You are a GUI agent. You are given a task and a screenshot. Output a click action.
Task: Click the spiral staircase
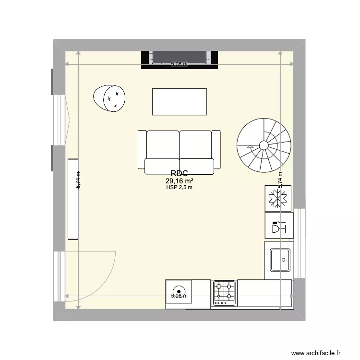click(264, 145)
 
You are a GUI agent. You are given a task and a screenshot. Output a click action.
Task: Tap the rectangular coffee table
click(179, 102)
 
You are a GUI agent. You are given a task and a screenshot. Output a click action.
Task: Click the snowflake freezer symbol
click(277, 198)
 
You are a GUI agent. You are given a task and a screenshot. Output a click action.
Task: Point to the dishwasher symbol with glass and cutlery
click(279, 226)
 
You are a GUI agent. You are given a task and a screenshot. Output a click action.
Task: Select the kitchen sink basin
click(279, 260)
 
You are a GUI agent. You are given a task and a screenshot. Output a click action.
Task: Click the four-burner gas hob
click(224, 292)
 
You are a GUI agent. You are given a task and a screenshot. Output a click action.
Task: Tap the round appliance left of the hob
click(179, 291)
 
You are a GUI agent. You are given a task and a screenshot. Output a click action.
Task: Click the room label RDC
click(179, 174)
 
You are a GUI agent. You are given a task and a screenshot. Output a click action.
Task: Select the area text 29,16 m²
click(179, 181)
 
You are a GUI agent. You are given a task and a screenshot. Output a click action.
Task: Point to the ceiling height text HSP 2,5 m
click(179, 188)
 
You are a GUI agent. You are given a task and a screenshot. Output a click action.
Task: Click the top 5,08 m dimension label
click(179, 64)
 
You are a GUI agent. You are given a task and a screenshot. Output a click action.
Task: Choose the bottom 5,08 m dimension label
click(179, 296)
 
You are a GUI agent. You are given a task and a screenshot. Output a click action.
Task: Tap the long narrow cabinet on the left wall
click(73, 199)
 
